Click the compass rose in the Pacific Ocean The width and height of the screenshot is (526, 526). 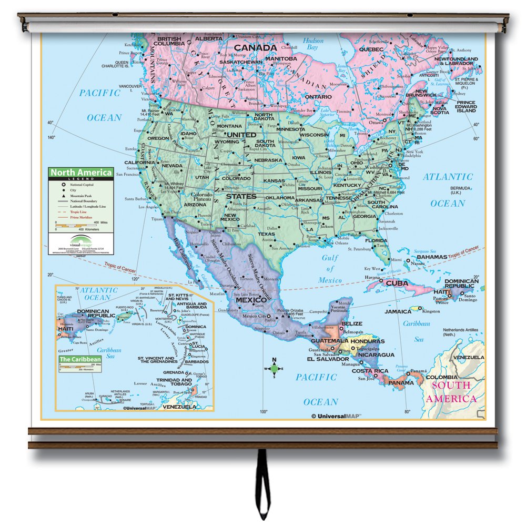coord(274,368)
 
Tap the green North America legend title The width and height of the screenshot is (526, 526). coord(81,173)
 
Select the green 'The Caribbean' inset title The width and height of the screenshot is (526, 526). coord(79,359)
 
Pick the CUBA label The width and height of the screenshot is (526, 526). coord(397,283)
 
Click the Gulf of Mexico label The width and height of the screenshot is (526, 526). coord(330,268)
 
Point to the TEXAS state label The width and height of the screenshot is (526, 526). coord(267,234)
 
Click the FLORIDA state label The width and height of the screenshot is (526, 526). coord(377,240)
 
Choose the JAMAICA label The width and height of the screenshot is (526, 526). coord(398,311)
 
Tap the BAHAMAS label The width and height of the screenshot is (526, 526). coord(433,257)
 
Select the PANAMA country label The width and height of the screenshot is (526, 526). coord(401,382)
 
